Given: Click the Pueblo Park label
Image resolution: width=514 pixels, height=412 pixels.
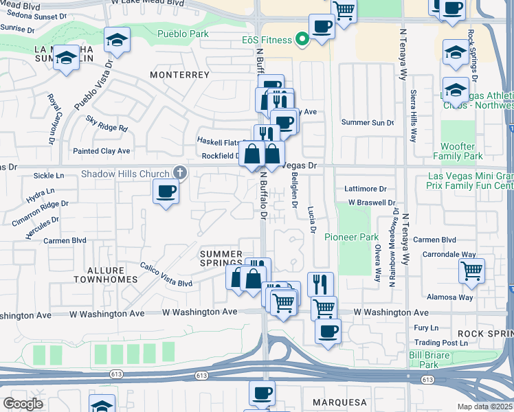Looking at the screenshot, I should [181, 34].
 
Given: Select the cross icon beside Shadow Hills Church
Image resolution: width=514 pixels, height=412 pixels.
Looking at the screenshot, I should [179, 173].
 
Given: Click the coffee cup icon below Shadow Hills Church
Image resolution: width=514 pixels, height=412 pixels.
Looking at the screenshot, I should [166, 192].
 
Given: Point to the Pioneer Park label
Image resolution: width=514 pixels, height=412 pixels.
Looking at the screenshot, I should [360, 237].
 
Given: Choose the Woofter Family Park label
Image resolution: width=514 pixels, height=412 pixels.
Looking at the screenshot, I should [467, 151].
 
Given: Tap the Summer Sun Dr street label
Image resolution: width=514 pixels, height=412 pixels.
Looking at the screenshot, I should [368, 123].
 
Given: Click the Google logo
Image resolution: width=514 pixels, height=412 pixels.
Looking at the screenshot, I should [23, 404].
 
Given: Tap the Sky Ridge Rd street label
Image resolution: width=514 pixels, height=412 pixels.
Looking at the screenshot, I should [107, 123].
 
